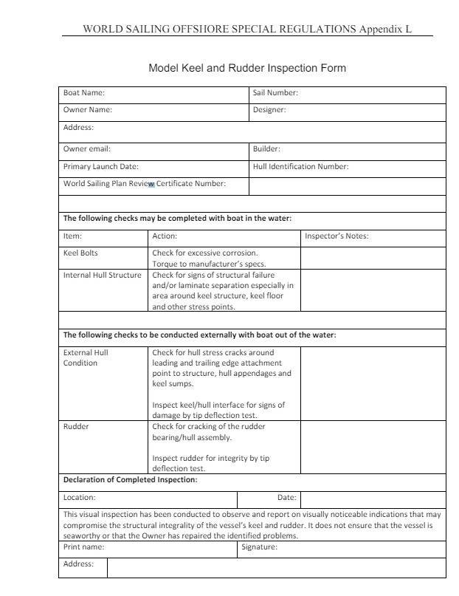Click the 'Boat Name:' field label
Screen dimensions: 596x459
tap(84, 93)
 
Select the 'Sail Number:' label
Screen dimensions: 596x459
tap(275, 93)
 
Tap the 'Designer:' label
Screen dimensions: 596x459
tap(269, 110)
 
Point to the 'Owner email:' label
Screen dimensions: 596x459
tap(87, 148)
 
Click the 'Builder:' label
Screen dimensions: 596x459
tap(266, 148)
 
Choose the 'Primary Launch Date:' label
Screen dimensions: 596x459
tap(101, 166)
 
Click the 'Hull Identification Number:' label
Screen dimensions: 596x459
tap(300, 166)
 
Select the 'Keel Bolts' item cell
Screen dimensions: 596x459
tap(80, 253)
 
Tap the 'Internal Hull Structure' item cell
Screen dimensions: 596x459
tap(102, 275)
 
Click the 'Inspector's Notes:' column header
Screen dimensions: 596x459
tap(337, 236)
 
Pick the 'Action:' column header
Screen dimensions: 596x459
tap(165, 236)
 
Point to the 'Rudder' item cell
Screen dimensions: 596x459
tap(76, 426)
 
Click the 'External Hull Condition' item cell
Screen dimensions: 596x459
tap(86, 357)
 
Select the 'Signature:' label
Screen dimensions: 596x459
tap(259, 547)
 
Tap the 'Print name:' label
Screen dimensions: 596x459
tap(83, 547)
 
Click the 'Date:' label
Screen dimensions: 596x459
tap(286, 498)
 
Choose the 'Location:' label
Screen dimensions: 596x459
tap(79, 498)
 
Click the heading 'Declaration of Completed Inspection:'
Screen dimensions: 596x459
tap(130, 479)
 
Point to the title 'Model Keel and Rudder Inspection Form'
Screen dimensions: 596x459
tap(247, 68)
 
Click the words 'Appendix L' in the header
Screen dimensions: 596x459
tap(385, 30)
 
